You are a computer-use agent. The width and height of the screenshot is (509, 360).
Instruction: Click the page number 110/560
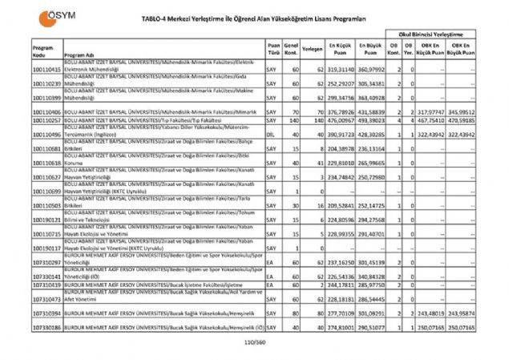[254, 342]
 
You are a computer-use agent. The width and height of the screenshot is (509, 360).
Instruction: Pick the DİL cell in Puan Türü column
[271, 136]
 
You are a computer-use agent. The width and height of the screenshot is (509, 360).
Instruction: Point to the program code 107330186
[47, 327]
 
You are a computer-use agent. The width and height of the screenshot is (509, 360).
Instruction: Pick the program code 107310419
[47, 284]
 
